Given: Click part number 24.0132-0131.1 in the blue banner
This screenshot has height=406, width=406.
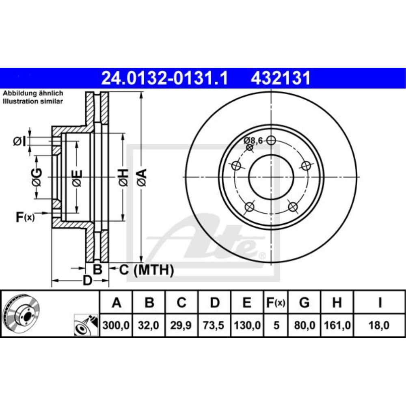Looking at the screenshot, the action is click(165, 78).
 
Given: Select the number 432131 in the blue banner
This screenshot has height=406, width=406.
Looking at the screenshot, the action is click(281, 78).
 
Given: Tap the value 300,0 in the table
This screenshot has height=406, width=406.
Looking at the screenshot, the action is click(116, 325).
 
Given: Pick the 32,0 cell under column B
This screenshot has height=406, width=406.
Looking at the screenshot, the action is click(149, 325).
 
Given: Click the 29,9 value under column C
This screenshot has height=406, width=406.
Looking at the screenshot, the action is click(181, 325).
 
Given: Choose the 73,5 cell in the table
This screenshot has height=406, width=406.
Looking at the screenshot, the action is click(214, 325).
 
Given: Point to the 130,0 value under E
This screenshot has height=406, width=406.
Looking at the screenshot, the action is click(247, 325).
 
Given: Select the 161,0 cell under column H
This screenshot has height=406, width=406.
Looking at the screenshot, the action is click(337, 325).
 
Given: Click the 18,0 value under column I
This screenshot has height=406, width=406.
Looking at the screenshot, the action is click(379, 325).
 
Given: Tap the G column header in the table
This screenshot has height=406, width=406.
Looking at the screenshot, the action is click(304, 302).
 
